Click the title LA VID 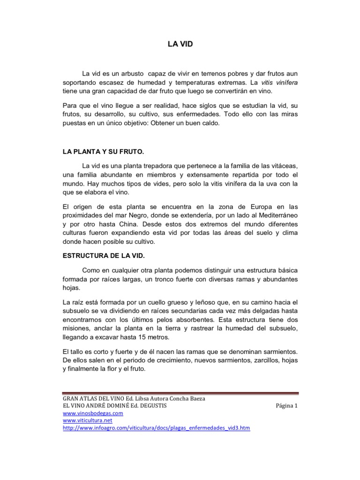point(180,44)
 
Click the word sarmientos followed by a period point(279,351)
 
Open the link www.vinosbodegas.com point(93,413)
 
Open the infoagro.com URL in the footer point(156,428)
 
